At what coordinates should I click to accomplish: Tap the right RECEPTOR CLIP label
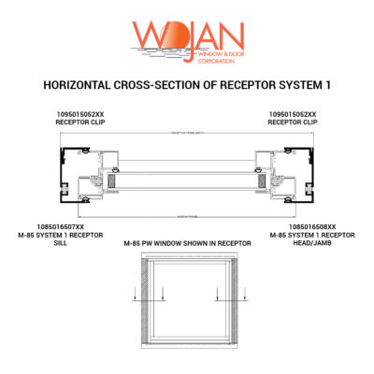click(x=292, y=121)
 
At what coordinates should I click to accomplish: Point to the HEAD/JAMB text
click(x=312, y=242)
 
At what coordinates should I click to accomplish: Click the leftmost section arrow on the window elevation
click(x=136, y=301)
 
